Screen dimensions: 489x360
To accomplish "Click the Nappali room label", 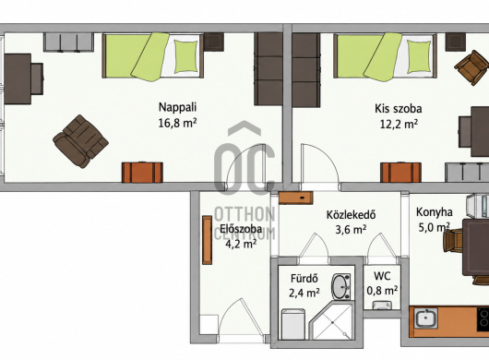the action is pyautogui.click(x=177, y=107).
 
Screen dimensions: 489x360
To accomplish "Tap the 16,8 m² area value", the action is pyautogui.click(x=177, y=123).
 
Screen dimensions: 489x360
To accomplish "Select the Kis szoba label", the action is pyautogui.click(x=399, y=109).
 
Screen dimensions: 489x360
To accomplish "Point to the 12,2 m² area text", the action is pyautogui.click(x=399, y=125).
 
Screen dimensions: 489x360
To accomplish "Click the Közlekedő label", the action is pyautogui.click(x=351, y=215).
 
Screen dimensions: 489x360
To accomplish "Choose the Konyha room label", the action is pyautogui.click(x=435, y=212).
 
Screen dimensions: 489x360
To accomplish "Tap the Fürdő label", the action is pyautogui.click(x=304, y=278).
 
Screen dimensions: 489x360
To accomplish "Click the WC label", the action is pyautogui.click(x=382, y=276).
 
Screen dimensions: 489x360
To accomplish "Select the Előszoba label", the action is pyautogui.click(x=241, y=229).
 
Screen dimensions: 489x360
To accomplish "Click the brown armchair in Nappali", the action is pyautogui.click(x=81, y=141).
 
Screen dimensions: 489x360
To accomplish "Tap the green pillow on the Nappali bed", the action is pyautogui.click(x=185, y=56).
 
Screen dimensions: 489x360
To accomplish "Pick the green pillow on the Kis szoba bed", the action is pyautogui.click(x=419, y=57).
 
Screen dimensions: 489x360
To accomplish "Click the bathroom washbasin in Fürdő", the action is pyautogui.click(x=341, y=287).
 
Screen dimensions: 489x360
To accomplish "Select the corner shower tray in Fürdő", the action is pyautogui.click(x=332, y=321).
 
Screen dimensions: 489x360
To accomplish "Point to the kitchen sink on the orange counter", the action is pyautogui.click(x=426, y=318).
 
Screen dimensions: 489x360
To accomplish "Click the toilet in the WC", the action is pyautogui.click(x=382, y=306).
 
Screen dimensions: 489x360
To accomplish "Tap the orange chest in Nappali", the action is pyautogui.click(x=142, y=173).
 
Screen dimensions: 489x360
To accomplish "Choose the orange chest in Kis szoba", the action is pyautogui.click(x=401, y=173).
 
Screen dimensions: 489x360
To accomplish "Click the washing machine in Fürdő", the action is pyautogui.click(x=293, y=324).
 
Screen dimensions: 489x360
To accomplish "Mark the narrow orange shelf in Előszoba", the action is pyautogui.click(x=207, y=240).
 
